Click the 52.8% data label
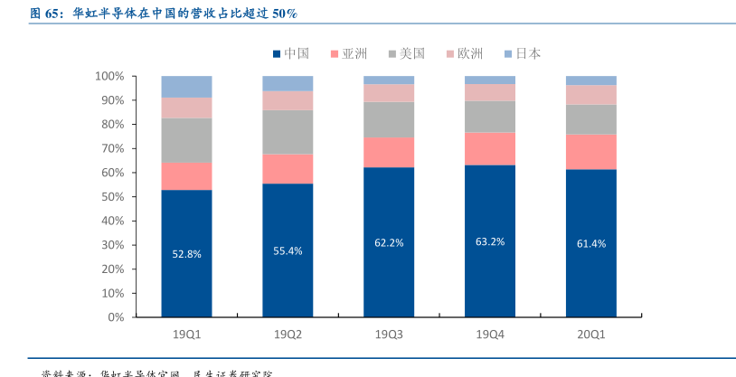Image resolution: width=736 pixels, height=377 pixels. tap(186, 254)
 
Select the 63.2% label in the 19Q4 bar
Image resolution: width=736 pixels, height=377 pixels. tap(490, 241)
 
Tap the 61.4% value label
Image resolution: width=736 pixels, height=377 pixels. tap(591, 244)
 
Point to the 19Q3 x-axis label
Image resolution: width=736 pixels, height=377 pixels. tap(389, 335)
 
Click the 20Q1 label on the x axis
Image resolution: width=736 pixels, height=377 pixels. tap(591, 335)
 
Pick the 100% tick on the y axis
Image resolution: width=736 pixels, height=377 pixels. tap(109, 76)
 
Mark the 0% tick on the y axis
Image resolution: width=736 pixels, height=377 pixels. tap(115, 317)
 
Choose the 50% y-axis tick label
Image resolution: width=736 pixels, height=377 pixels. tap(111, 197)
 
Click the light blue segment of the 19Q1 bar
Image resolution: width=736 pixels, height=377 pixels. tap(186, 87)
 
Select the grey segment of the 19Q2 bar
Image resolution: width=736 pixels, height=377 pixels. tap(288, 132)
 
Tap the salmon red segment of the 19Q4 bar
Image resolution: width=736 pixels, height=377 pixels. tap(490, 148)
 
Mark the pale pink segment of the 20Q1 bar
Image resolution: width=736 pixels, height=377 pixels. tap(591, 94)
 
